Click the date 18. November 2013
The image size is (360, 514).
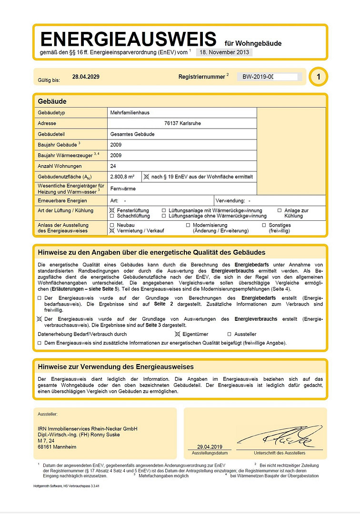coord(224,52)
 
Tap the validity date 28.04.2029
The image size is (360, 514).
coord(86,77)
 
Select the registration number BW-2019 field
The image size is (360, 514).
coord(269,77)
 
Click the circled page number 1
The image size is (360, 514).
coord(318,77)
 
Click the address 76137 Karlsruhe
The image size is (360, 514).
coord(182,123)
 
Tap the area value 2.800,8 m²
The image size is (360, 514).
coord(122,177)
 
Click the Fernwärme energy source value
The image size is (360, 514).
coord(123,188)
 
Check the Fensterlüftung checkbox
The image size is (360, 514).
coord(112,210)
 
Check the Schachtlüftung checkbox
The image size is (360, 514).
coord(112,216)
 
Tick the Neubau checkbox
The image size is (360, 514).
coord(112,225)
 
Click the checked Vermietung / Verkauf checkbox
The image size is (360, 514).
coord(112,230)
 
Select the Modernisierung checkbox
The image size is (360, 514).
coord(188,225)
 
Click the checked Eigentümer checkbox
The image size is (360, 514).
coord(178,334)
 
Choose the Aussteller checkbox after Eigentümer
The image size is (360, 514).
coord(230,334)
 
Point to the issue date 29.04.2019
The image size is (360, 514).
coord(210,447)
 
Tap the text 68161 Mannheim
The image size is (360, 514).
coord(57,447)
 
